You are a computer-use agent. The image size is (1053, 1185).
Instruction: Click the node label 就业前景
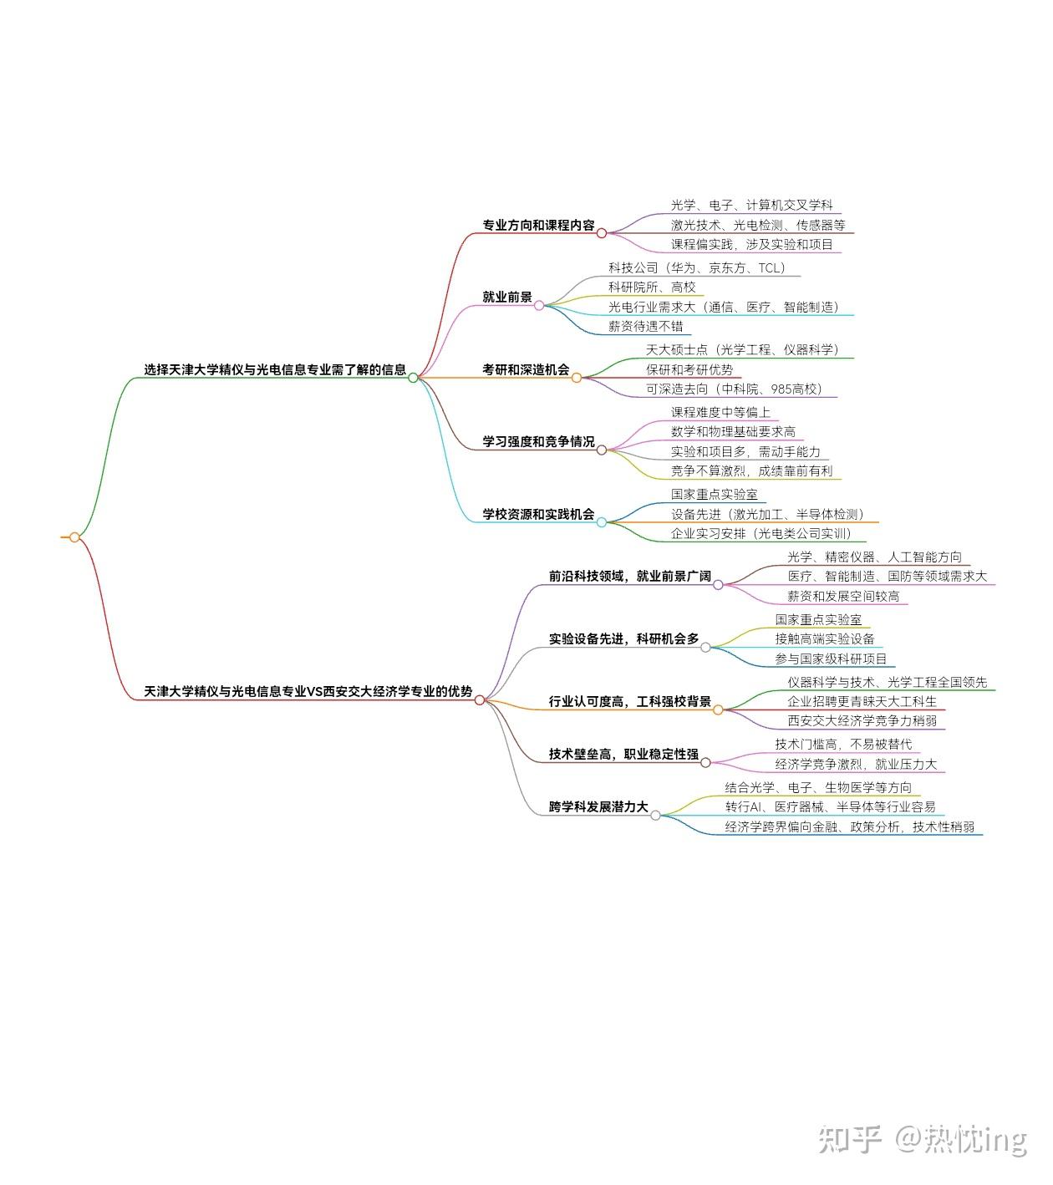pos(506,297)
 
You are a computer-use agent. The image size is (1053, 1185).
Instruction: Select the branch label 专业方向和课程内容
pos(538,225)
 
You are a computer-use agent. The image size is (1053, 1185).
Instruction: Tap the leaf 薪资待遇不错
pos(645,326)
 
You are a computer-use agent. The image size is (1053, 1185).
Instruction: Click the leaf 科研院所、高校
pos(652,287)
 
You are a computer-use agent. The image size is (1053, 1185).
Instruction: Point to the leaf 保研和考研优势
pos(689,369)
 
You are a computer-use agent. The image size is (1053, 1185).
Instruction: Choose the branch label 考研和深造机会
pos(526,369)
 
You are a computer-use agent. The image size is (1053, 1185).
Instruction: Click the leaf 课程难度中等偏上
pos(720,412)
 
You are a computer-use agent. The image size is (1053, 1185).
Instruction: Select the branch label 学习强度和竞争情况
pos(538,441)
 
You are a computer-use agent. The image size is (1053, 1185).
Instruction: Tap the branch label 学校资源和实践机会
pos(538,514)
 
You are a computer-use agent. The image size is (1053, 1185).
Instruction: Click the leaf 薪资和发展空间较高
pos(843,596)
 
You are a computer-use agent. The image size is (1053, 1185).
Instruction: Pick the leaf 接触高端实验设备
pos(825,639)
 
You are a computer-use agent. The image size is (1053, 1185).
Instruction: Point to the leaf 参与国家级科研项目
pos(831,659)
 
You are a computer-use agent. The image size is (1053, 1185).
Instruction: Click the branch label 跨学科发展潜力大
pos(598,807)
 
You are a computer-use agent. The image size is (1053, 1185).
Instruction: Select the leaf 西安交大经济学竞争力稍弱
pos(862,720)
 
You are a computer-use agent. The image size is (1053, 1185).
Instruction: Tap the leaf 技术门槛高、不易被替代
pos(843,744)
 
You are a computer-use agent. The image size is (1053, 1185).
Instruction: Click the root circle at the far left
pos(74,537)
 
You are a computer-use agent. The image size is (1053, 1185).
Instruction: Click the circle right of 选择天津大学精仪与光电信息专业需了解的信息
pos(413,378)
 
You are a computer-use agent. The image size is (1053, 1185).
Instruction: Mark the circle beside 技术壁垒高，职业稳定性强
pos(705,762)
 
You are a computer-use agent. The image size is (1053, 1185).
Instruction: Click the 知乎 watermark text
pos(851,1139)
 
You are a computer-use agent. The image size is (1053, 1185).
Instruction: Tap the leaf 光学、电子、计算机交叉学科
pos(751,205)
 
